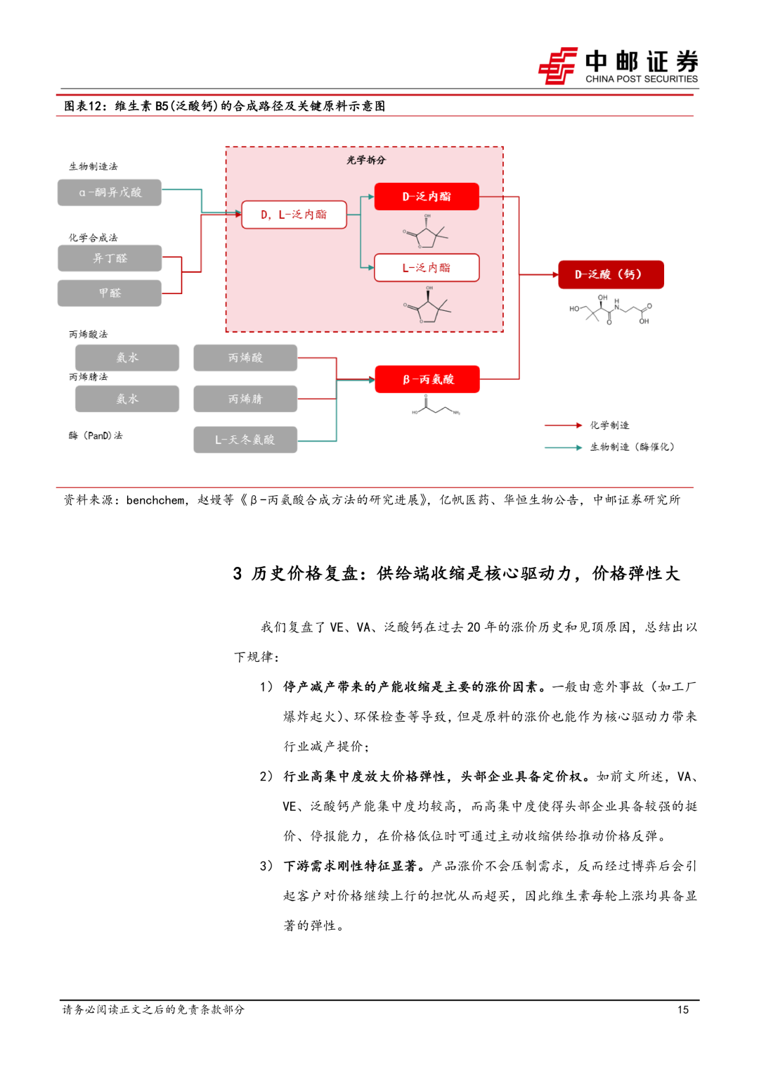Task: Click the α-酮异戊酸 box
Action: (110, 193)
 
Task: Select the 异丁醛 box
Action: (110, 258)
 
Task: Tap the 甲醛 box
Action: (110, 293)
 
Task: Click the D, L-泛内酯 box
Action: (294, 215)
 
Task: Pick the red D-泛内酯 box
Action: (427, 196)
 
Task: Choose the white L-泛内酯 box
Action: (427, 268)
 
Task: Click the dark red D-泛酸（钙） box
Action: (610, 274)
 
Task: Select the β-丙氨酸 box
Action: (427, 379)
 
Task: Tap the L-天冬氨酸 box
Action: (245, 440)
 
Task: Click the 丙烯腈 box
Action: (245, 399)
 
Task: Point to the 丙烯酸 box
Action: (245, 358)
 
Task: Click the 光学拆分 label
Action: (366, 160)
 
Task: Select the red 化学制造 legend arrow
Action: (563, 426)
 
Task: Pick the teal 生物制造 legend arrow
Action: (563, 447)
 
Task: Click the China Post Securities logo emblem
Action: (558, 66)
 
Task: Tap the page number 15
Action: (682, 1010)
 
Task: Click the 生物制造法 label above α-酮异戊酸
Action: (93, 167)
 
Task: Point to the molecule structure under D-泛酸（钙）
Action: (610, 309)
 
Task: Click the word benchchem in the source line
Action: (155, 500)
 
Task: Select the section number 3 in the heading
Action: (238, 574)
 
